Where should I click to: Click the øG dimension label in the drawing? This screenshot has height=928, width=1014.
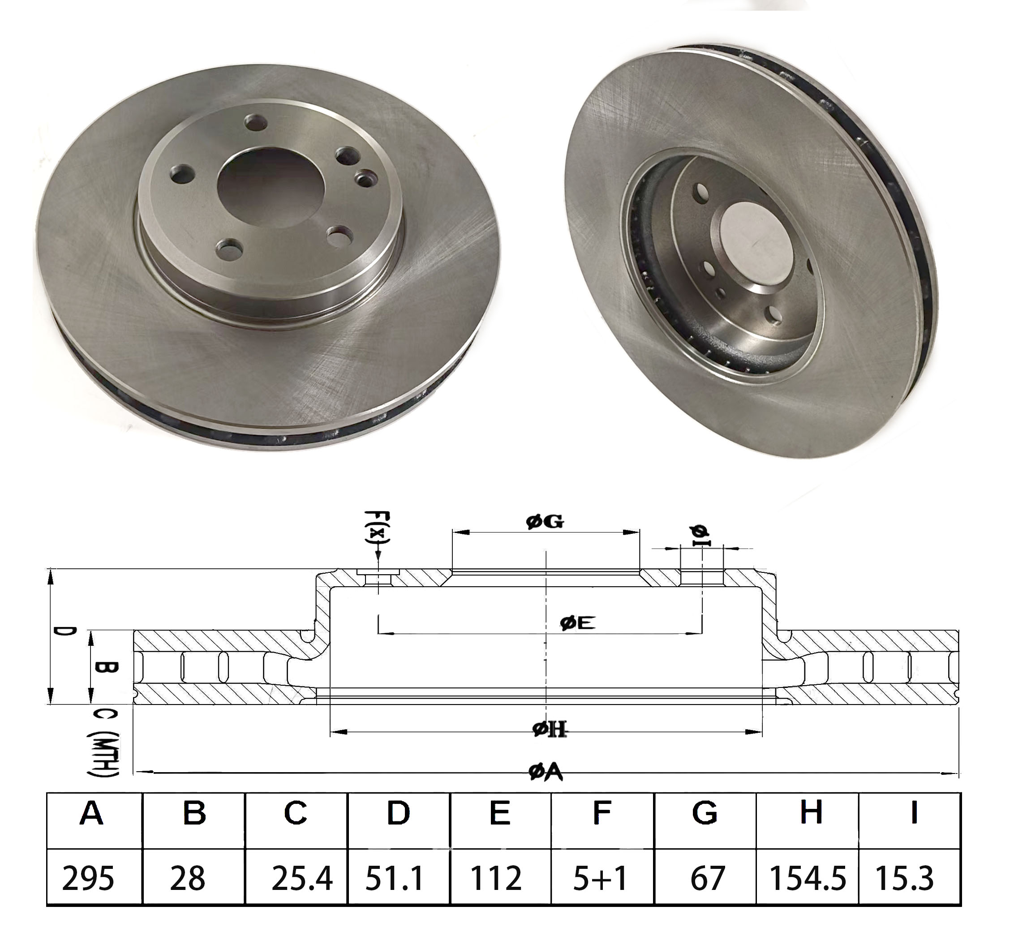pos(545,522)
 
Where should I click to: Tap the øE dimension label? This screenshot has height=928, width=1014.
pos(578,623)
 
